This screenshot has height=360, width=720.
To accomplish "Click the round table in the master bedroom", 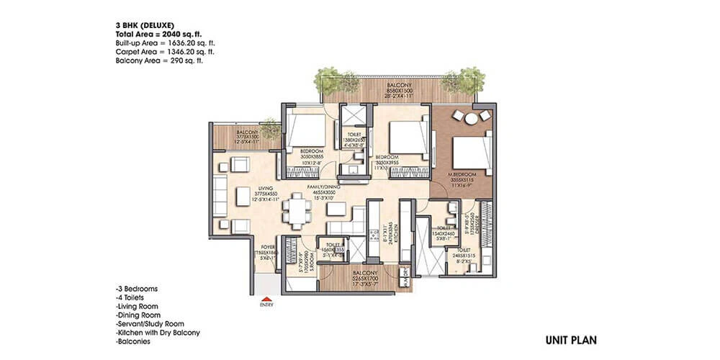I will (472, 120).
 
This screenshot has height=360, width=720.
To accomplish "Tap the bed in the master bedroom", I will (469, 150).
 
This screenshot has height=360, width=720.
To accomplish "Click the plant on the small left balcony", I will (270, 130).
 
